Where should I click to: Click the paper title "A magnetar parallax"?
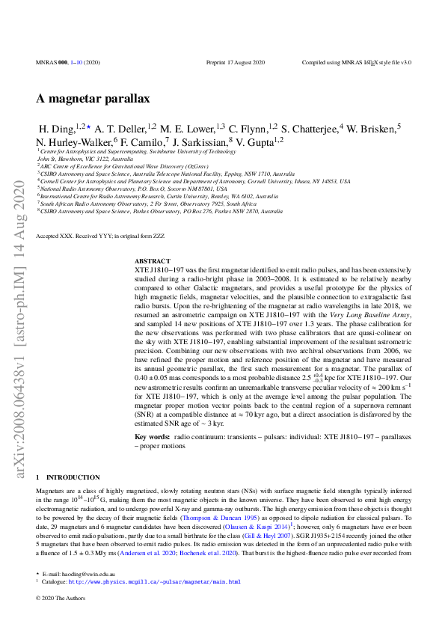point(93,99)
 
